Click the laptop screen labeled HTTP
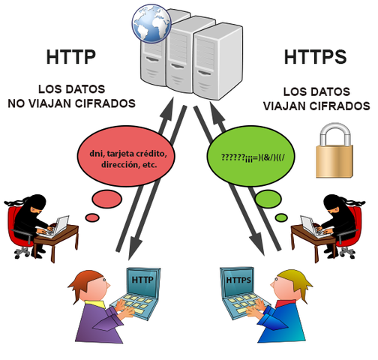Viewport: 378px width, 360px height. [142, 280]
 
